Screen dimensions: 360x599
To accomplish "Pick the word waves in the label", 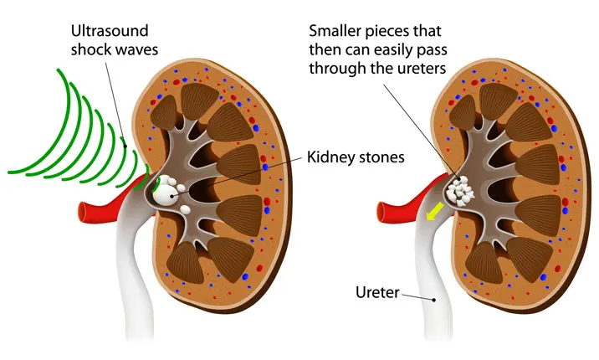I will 138,49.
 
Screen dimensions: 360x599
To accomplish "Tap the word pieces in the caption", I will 397,31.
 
